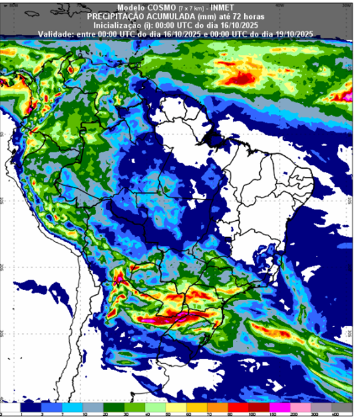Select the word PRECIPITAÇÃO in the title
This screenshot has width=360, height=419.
tap(117, 13)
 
